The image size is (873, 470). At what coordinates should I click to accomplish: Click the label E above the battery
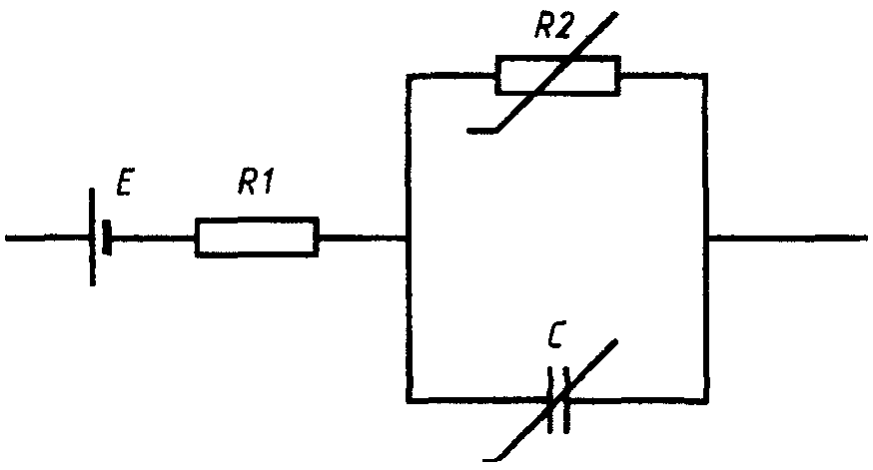(x=124, y=182)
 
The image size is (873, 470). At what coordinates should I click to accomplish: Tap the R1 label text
(x=256, y=181)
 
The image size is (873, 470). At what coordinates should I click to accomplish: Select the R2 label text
(x=552, y=26)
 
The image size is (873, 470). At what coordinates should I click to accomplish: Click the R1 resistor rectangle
(x=257, y=237)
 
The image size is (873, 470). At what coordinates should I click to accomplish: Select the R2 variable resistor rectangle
(x=558, y=76)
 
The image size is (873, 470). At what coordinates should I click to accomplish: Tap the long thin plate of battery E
(x=93, y=237)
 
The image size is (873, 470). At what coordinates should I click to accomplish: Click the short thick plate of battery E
(x=107, y=237)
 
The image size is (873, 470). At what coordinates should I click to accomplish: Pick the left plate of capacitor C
(x=550, y=399)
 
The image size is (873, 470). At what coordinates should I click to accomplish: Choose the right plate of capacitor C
(x=566, y=399)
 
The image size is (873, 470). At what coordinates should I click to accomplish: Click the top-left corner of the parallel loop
(x=410, y=76)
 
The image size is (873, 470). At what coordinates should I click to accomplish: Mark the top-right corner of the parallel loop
(x=706, y=76)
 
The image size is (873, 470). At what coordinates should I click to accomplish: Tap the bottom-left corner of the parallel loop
(x=410, y=399)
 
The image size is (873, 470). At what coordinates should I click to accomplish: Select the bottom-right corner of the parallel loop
(x=706, y=399)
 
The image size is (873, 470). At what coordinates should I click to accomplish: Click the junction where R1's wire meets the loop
(x=410, y=238)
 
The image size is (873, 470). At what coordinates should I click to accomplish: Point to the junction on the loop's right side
(x=706, y=238)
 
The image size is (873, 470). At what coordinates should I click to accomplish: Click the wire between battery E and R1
(x=153, y=238)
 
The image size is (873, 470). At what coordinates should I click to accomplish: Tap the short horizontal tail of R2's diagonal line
(x=482, y=132)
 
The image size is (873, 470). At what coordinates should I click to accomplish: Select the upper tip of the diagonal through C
(x=616, y=340)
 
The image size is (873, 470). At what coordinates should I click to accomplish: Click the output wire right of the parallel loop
(x=787, y=238)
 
